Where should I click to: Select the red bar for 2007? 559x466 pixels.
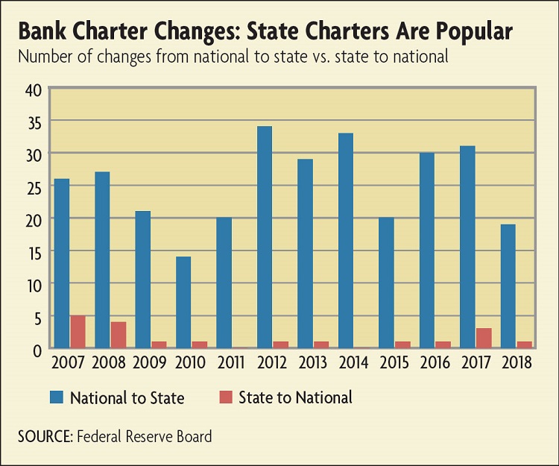78,331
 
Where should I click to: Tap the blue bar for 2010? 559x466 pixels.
183,302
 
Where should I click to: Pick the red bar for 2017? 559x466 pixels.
483,338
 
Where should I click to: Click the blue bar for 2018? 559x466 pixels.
507,286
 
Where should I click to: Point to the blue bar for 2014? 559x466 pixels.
345,240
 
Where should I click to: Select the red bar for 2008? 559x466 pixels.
119,335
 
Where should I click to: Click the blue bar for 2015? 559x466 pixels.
385,283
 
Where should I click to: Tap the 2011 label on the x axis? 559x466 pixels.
230,364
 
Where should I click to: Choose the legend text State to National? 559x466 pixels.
295,397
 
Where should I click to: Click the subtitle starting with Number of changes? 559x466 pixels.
232,57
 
